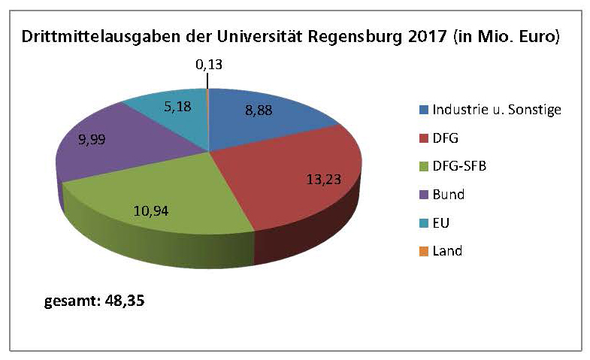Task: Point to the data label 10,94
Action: click(x=172, y=210)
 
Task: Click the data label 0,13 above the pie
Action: click(x=209, y=65)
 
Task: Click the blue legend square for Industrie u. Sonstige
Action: click(x=424, y=110)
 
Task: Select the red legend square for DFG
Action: click(x=424, y=138)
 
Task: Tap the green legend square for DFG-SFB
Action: click(x=424, y=166)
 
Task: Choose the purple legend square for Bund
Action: click(x=424, y=195)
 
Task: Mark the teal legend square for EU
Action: click(x=424, y=222)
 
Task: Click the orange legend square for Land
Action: click(x=424, y=251)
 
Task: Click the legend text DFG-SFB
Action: click(x=459, y=166)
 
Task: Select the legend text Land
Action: click(x=447, y=251)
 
